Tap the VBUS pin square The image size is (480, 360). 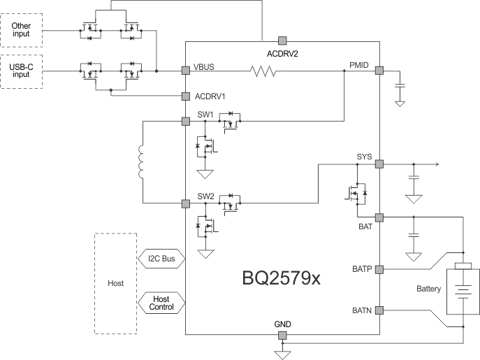[x=186, y=71]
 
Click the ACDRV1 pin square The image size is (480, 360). [x=186, y=96]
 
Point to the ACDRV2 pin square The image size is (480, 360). [x=282, y=41]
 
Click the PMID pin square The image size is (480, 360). [x=379, y=71]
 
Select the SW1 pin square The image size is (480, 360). [x=186, y=121]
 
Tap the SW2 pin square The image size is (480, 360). [x=186, y=203]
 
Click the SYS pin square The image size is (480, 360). [x=379, y=164]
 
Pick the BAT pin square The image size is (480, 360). [x=379, y=217]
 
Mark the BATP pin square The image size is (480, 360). [x=379, y=268]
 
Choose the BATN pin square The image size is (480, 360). [x=379, y=309]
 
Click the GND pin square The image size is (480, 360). [x=282, y=336]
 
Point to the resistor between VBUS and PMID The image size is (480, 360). [x=264, y=71]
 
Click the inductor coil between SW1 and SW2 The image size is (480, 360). [x=143, y=162]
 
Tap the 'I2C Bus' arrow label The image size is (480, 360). [x=163, y=259]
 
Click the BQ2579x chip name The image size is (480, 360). [x=282, y=278]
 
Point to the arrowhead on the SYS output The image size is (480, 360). [x=436, y=164]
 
